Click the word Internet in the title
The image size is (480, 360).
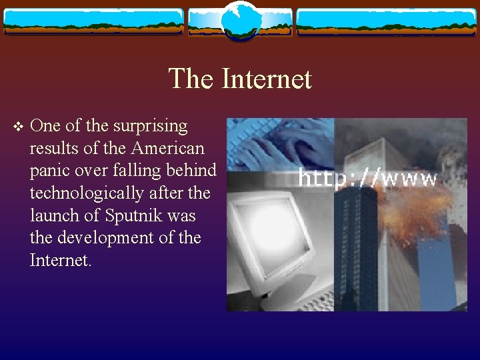266,79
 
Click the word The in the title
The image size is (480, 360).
191,79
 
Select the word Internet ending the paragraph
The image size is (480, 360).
59,261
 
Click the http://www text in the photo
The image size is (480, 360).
367,178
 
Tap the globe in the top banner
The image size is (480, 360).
240,20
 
